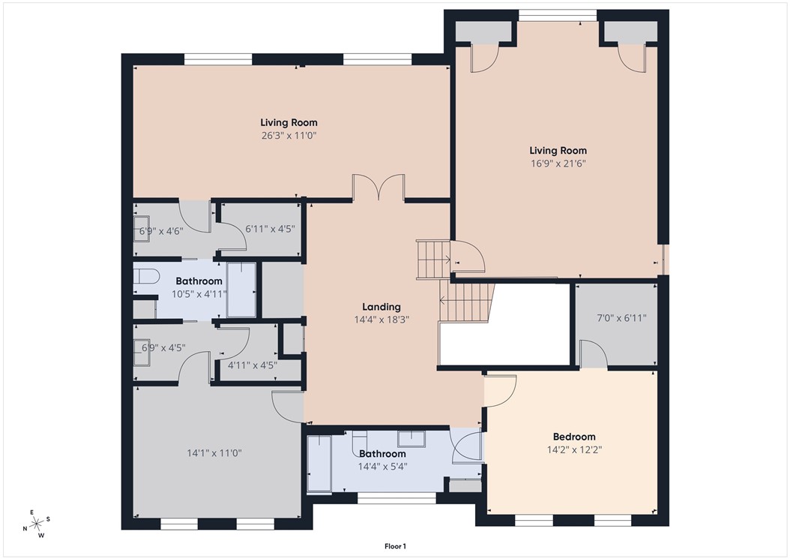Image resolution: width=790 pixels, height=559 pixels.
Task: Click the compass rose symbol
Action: (x=36, y=524)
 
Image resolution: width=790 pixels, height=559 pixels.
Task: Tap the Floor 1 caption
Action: (x=394, y=546)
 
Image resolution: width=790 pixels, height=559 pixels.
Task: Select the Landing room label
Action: (x=382, y=307)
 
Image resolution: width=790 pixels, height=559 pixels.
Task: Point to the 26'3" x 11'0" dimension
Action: (x=289, y=136)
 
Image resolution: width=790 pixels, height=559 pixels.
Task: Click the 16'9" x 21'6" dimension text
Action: (x=558, y=163)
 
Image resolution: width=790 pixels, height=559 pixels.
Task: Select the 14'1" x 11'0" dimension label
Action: (x=214, y=453)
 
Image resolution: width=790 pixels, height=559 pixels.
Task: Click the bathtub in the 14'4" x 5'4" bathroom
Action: (x=319, y=464)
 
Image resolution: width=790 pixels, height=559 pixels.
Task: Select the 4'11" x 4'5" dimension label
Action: (x=253, y=365)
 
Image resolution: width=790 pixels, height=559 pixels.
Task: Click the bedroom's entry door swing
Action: (x=500, y=389)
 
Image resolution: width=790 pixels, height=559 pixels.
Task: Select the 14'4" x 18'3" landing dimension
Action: (x=382, y=320)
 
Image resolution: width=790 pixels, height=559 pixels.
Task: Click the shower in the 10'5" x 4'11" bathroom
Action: (x=241, y=290)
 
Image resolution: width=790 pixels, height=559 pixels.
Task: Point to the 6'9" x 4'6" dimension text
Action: (x=161, y=231)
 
